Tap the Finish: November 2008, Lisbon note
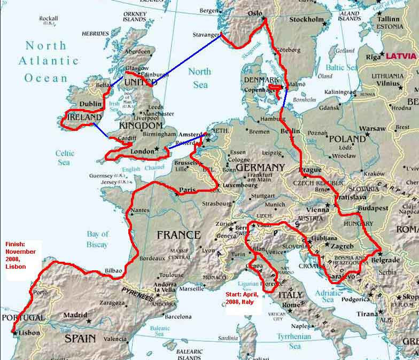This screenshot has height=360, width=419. coord(21,255)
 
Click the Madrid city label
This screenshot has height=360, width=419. coord(75,315)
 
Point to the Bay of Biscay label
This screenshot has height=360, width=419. coord(98,239)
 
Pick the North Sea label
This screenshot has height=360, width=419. coord(198,78)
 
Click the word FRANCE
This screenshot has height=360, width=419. coord(179,235)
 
